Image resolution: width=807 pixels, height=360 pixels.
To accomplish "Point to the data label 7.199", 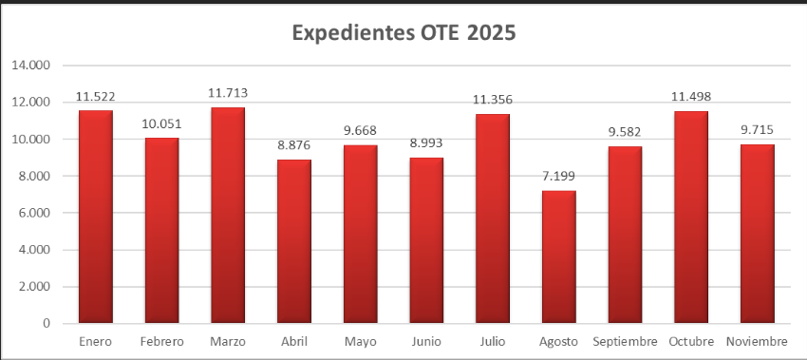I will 558,176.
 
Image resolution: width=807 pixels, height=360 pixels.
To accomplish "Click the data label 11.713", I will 228,93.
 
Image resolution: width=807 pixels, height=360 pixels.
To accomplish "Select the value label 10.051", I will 161,123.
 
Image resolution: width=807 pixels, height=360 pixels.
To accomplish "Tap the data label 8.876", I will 293,145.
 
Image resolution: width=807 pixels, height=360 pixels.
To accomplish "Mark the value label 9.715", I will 757,129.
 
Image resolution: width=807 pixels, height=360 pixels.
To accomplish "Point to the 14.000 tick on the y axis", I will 31,66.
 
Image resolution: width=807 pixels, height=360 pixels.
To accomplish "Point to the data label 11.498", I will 690,97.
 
